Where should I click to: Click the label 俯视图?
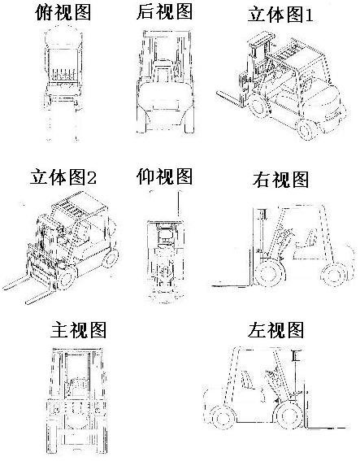tap(63, 12)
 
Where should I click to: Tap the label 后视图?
tap(164, 11)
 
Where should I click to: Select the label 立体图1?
tap(280, 15)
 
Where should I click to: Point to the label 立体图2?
tap(63, 177)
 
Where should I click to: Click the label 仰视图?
tap(164, 176)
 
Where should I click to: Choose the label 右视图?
tap(280, 180)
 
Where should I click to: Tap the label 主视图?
tap(78, 330)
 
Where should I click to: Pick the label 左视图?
tap(275, 330)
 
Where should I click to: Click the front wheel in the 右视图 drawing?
tap(270, 272)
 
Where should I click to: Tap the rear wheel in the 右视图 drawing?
tap(333, 275)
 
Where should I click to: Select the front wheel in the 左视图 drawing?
tap(288, 415)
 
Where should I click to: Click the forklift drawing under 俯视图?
tap(63, 83)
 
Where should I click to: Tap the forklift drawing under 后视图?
tap(165, 81)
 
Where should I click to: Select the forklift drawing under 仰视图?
tap(166, 246)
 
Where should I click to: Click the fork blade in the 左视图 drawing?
tap(327, 428)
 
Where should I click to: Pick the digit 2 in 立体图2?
tap(92, 178)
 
